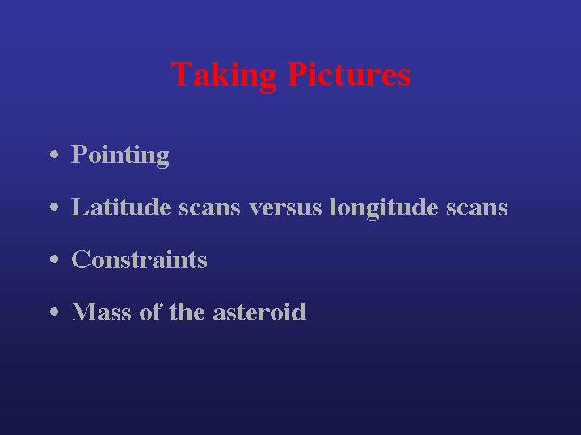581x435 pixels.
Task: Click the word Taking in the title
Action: tap(224, 77)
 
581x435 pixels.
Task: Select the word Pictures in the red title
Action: tap(348, 74)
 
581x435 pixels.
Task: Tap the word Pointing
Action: tap(120, 156)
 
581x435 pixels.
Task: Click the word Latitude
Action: tap(120, 207)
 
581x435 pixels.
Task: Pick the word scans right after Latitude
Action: tap(209, 209)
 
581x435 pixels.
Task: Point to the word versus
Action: tap(285, 209)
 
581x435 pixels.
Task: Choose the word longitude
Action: tap(384, 208)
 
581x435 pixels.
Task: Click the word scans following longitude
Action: tap(477, 209)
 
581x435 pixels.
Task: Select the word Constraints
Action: tap(139, 259)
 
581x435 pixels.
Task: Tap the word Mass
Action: tap(101, 312)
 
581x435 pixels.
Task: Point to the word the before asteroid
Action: tap(187, 312)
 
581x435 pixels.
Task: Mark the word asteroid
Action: tap(259, 312)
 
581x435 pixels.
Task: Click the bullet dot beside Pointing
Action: tap(54, 154)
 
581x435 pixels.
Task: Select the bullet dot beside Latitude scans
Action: tap(54, 207)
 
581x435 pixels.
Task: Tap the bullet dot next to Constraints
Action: tap(54, 259)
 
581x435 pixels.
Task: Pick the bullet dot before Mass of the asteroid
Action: tap(54, 312)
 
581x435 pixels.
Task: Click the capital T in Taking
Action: tap(182, 74)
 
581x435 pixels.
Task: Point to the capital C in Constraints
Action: tap(81, 259)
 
